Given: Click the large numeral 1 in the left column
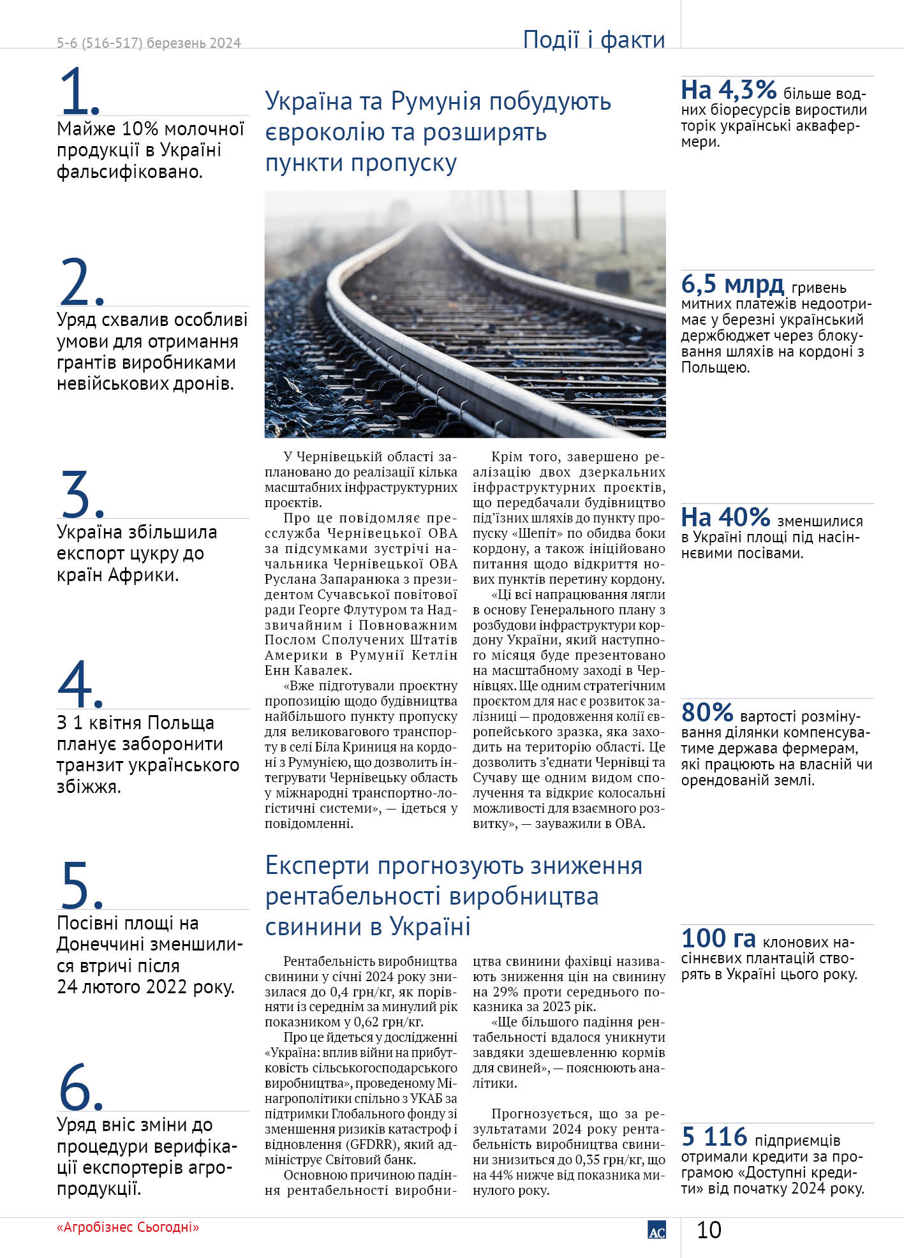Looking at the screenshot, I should point(77,91).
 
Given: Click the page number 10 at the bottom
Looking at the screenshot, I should point(709,1229).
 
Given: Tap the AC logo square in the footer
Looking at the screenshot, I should point(656,1230).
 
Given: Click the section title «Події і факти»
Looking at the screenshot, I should point(593,40).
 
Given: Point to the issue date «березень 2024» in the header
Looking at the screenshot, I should point(194,43).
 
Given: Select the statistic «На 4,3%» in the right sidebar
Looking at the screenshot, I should point(729,91).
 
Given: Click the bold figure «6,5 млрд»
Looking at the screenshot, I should point(732,284).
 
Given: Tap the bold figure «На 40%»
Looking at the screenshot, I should point(726,517).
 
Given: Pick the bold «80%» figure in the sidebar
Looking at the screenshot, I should point(707,712).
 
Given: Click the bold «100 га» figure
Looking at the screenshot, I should point(718,938).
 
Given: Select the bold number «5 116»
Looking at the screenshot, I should point(714,1137).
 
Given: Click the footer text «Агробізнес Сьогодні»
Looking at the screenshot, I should point(128,1227).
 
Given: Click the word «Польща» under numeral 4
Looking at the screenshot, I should point(181,723).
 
